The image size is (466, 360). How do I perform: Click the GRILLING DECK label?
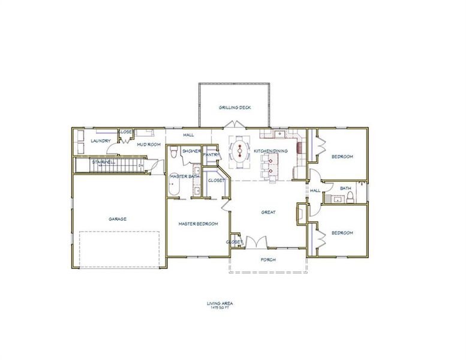pyautogui.click(x=234, y=108)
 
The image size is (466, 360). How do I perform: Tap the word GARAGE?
pyautogui.click(x=118, y=219)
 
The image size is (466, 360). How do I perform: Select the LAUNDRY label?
pyautogui.click(x=100, y=141)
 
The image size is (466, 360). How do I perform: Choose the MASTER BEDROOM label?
pyautogui.click(x=198, y=224)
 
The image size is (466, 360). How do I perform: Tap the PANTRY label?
pyautogui.click(x=211, y=155)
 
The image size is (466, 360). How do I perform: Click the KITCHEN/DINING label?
pyautogui.click(x=270, y=151)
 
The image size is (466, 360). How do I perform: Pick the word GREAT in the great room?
pyautogui.click(x=267, y=212)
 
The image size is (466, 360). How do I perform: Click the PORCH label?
pyautogui.click(x=267, y=260)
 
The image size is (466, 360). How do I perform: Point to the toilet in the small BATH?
pyautogui.click(x=354, y=197)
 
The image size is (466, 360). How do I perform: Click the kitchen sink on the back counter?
pyautogui.click(x=279, y=133)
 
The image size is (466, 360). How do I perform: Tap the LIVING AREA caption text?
pyautogui.click(x=220, y=304)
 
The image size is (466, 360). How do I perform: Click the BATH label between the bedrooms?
pyautogui.click(x=345, y=188)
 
